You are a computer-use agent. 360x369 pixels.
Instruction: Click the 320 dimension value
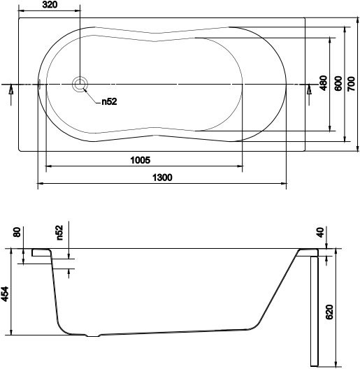pos(49,6)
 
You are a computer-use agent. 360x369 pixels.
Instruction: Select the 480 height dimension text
pos(323,84)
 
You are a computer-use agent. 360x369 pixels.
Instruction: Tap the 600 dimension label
pos(338,83)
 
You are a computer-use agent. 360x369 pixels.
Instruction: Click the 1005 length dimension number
pos(141,160)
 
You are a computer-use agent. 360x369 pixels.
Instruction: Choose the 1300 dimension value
pos(161,178)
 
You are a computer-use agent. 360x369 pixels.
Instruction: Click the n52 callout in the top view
pos(108,102)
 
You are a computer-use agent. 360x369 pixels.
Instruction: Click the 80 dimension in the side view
pos(17,231)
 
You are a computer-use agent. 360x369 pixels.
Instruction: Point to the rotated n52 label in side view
pos(59,232)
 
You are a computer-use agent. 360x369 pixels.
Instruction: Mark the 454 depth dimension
pos(5,293)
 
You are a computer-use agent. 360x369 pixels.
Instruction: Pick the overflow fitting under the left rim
pos(40,255)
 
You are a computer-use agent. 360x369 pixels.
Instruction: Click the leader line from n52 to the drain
pos(91,95)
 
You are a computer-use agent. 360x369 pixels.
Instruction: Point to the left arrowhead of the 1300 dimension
pos(39,184)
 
